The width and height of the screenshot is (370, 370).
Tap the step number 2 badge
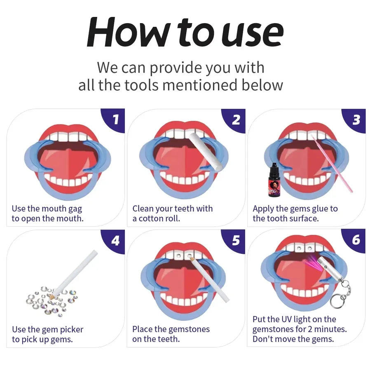click(236, 119)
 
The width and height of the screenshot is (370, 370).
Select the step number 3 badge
click(356, 119)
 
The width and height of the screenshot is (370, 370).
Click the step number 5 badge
click(236, 240)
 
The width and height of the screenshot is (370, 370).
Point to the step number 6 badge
click(356, 240)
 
